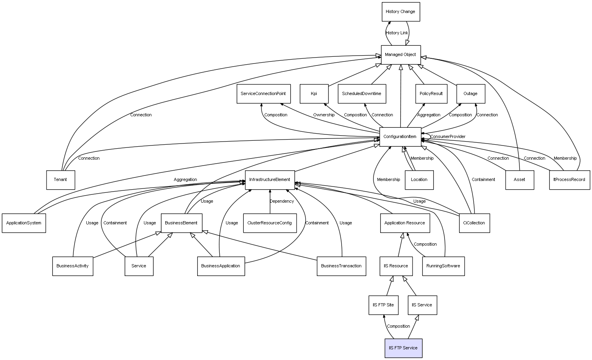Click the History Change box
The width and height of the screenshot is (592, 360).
(x=401, y=12)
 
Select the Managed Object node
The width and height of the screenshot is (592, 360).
(x=401, y=55)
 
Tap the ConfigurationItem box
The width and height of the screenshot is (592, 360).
(x=400, y=137)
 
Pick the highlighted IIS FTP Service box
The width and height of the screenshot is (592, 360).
(x=403, y=348)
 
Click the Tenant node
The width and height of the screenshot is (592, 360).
(x=60, y=180)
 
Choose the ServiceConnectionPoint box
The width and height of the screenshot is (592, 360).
(x=263, y=94)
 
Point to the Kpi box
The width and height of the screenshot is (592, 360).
(x=314, y=94)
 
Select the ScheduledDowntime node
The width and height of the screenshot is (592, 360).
(x=362, y=94)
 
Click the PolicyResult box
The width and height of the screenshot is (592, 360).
(x=431, y=94)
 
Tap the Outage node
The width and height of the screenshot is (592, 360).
(x=471, y=94)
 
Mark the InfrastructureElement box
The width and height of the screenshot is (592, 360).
(x=270, y=180)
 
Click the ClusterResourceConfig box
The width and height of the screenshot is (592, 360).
(x=270, y=223)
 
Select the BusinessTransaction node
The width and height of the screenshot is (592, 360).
(x=341, y=266)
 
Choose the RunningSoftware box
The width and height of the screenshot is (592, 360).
(x=443, y=266)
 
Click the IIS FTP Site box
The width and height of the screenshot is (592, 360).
(x=383, y=305)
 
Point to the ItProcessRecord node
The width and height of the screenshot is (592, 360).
(x=570, y=180)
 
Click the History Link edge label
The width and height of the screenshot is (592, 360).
(x=397, y=33)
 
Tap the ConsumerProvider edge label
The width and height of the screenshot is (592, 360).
(x=448, y=137)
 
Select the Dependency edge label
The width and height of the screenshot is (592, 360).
(x=282, y=201)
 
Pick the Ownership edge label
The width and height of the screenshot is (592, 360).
(x=324, y=115)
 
